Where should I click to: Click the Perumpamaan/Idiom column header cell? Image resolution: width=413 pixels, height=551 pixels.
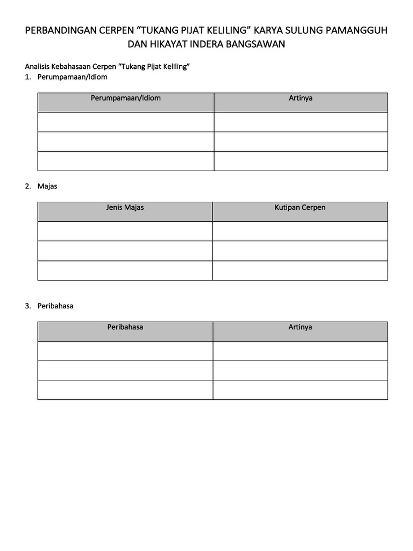126,98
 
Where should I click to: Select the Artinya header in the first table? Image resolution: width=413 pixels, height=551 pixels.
301,98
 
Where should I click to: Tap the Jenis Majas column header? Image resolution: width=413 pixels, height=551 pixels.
125,208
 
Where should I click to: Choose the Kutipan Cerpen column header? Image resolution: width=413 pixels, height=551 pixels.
300,208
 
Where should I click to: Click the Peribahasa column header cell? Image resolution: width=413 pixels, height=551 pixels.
125,327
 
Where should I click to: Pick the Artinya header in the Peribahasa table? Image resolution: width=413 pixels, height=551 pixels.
300,327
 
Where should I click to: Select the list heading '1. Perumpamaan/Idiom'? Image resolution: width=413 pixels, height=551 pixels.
66,77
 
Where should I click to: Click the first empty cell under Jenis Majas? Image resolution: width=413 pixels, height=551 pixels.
125,231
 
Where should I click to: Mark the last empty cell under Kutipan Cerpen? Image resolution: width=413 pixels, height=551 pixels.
300,270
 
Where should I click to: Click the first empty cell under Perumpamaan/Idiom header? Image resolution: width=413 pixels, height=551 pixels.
126,122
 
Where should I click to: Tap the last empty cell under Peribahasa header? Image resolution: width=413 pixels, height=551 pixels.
125,390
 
